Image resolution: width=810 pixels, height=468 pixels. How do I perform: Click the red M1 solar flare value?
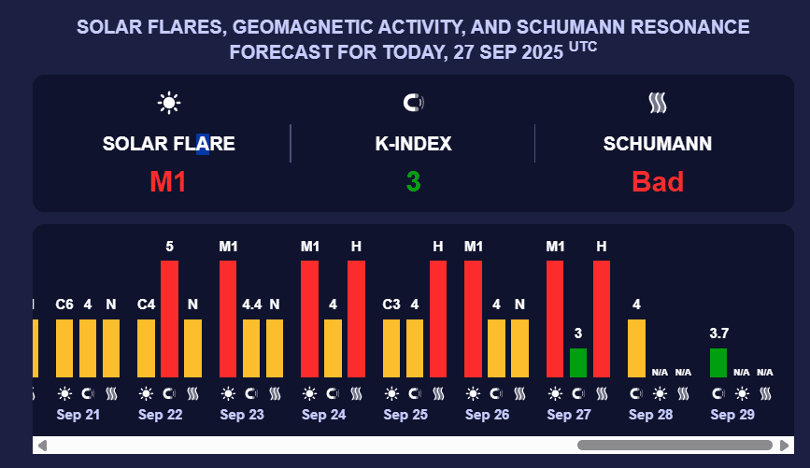[168, 181]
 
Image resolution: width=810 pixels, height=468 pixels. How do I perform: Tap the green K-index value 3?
[413, 181]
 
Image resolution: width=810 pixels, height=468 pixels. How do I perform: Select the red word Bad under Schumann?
[658, 181]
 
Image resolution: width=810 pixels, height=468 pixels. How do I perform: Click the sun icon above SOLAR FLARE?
[168, 103]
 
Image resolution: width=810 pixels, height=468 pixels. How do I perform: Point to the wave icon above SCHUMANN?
[658, 103]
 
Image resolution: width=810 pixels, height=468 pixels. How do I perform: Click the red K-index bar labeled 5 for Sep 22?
[169, 318]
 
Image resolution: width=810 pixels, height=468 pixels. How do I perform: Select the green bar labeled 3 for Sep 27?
[578, 362]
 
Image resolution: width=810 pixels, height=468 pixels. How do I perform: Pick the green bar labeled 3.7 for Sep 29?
[718, 362]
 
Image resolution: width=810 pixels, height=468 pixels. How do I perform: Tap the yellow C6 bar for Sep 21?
[64, 347]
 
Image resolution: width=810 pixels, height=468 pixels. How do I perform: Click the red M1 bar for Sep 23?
[228, 318]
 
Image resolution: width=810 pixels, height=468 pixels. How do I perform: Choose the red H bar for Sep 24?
[356, 318]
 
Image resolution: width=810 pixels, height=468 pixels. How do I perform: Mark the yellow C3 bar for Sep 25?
[391, 347]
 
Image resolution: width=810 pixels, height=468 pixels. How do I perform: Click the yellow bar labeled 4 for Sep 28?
[636, 347]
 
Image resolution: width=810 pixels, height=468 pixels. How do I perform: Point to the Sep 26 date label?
[487, 415]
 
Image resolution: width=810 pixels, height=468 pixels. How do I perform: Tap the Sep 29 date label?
[732, 415]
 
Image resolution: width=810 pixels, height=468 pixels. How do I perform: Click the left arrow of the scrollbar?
[41, 446]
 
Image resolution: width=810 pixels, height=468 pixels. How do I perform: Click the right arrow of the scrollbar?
[786, 446]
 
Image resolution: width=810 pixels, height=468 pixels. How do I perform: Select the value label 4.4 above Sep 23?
[251, 304]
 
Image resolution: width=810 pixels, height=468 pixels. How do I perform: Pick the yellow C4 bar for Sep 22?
[146, 347]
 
